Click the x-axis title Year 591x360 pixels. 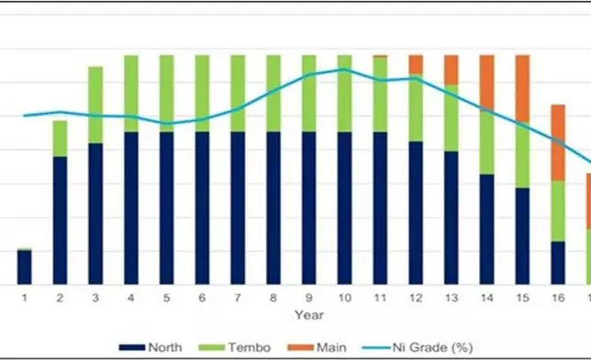308,315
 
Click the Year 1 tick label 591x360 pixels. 25,298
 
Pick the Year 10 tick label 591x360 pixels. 344,298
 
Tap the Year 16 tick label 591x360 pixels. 558,298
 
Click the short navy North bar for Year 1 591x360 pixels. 25,267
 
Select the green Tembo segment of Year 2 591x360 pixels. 61,138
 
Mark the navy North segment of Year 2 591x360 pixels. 61,220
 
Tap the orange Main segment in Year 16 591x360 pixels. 558,142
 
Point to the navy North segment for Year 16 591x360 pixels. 558,263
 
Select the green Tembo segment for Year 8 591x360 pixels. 273,93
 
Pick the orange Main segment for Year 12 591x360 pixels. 416,63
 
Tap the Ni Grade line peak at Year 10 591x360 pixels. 344,69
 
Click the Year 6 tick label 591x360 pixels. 202,298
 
